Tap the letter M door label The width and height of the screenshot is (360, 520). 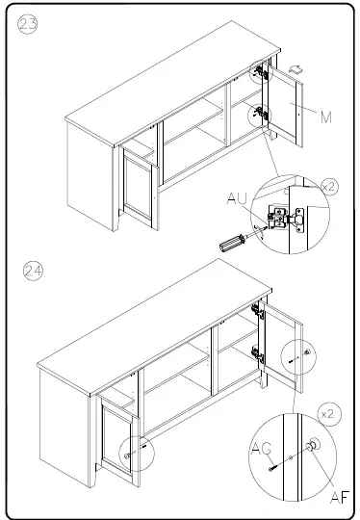pos(325,117)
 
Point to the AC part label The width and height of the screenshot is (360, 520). pos(261,450)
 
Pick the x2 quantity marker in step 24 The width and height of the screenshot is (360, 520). pos(330,413)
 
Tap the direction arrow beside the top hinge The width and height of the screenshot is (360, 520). pos(295,68)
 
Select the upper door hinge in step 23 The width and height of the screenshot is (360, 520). pos(260,73)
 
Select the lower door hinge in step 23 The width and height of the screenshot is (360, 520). pos(260,114)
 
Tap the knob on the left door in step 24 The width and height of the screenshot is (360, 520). pos(127,448)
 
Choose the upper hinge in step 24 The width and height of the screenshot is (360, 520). pos(257,311)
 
